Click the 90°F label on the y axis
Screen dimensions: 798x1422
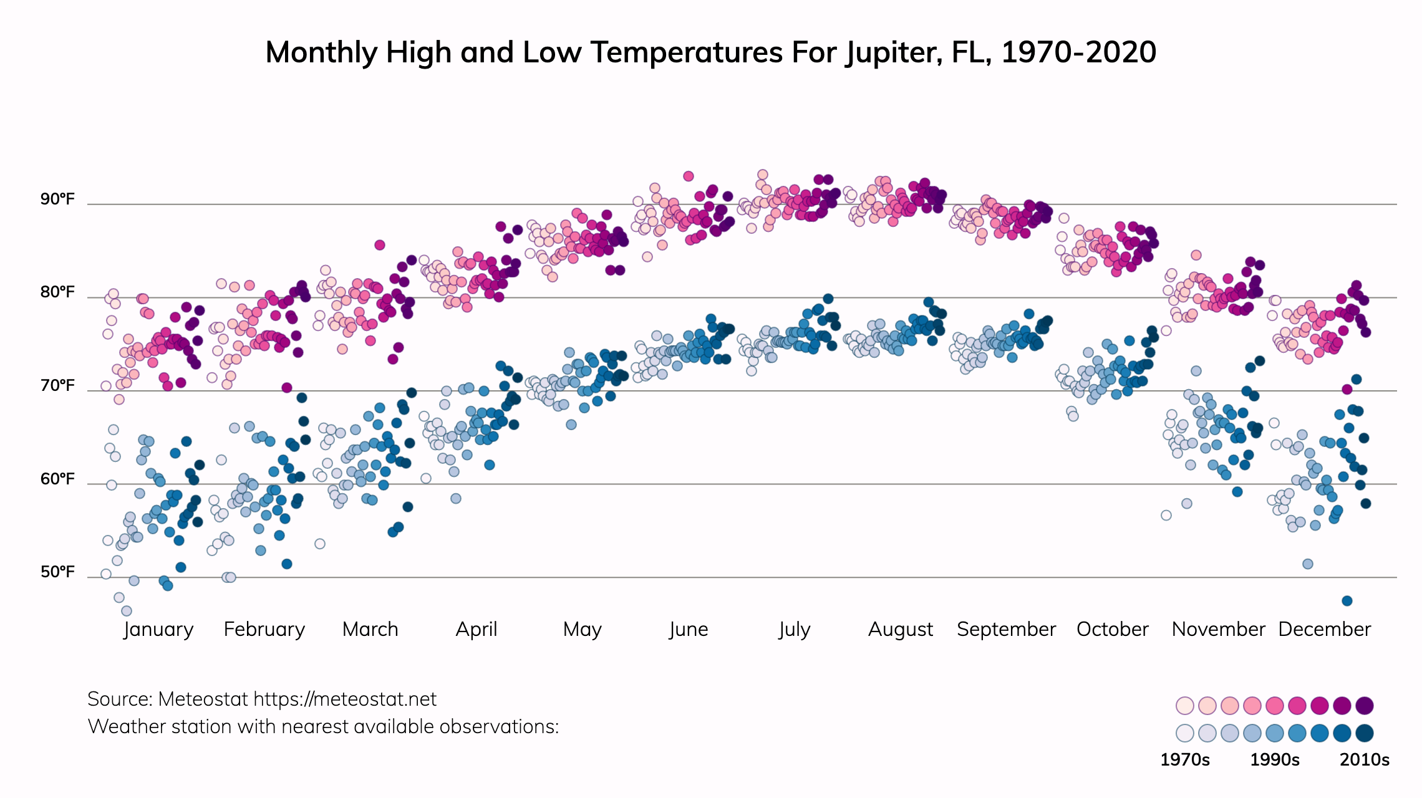coord(57,199)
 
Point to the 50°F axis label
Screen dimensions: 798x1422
coord(57,572)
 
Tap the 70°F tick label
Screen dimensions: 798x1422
coord(57,386)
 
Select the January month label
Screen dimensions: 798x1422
coord(158,629)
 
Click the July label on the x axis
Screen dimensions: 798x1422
coord(794,629)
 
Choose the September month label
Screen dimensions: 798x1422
coord(1006,629)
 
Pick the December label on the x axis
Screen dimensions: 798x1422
coord(1324,629)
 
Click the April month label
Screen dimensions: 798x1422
coord(476,629)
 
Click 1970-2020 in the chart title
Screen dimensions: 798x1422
coord(1078,52)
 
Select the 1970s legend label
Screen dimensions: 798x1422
coord(1184,759)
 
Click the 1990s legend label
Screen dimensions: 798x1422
coord(1275,759)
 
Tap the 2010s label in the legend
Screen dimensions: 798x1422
coord(1365,759)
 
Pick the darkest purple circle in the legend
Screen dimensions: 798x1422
coord(1365,706)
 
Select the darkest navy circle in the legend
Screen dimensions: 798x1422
coord(1365,733)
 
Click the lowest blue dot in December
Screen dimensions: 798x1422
coord(1347,600)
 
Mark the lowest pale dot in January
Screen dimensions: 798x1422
coord(127,611)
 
